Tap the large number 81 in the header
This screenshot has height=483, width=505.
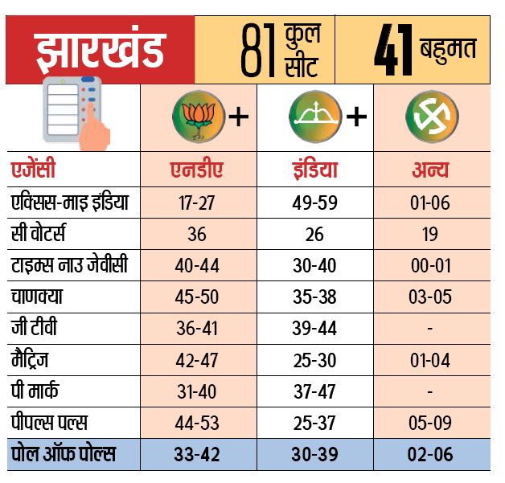259,50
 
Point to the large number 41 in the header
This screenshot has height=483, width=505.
393,50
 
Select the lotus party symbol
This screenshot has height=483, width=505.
199,117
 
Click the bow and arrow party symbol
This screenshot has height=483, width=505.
315,117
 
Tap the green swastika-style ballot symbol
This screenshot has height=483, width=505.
432,117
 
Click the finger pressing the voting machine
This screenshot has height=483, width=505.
94,126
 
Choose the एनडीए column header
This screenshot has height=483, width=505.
196,170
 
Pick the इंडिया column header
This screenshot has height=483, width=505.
315,170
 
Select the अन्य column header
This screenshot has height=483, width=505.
430,170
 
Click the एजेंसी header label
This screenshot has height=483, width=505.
33,169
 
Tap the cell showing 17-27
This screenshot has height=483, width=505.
196,203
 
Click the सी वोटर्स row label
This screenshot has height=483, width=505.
39,233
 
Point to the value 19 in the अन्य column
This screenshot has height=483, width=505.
430,234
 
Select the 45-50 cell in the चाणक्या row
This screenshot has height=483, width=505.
197,297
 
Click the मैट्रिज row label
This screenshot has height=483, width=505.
30,359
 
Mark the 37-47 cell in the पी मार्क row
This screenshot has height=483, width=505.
314,391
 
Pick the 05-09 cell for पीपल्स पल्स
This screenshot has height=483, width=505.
430,423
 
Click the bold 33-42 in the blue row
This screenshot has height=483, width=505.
197,454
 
